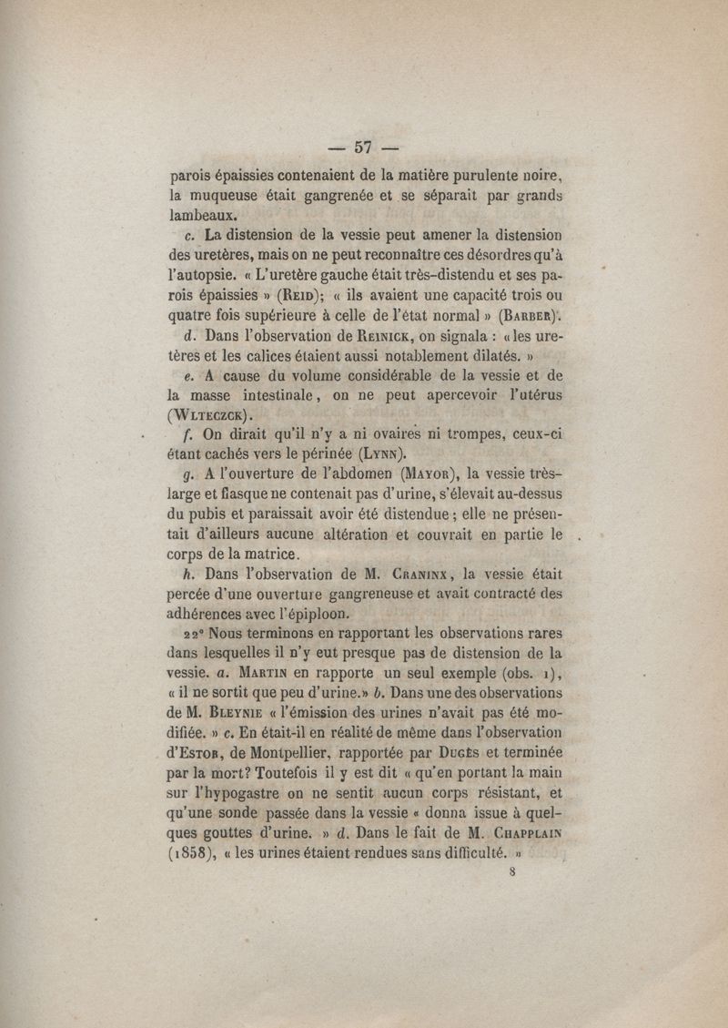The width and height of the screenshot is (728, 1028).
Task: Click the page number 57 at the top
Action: click(365, 148)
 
